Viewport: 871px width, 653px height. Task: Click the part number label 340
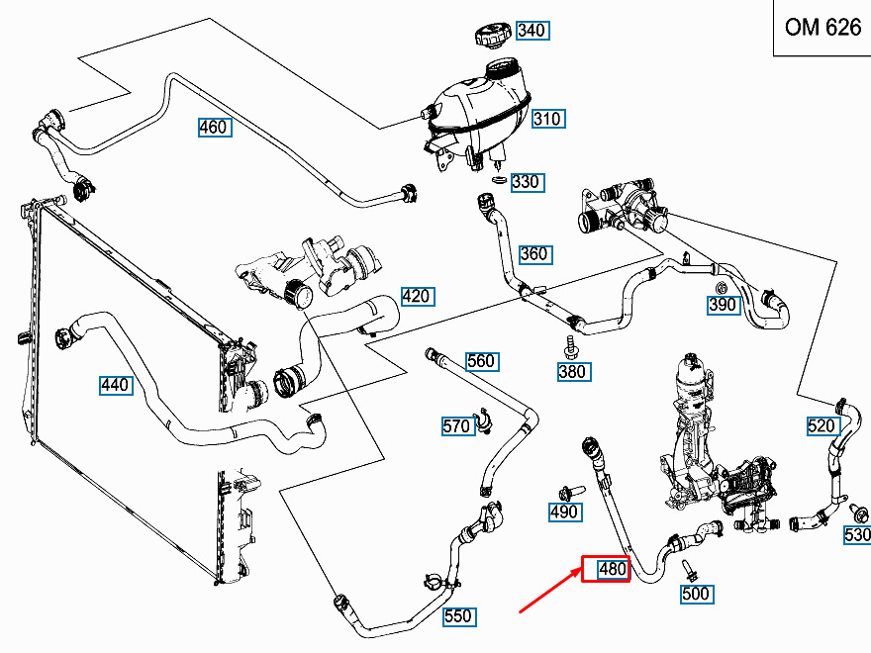532,31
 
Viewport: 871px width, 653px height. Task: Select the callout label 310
546,120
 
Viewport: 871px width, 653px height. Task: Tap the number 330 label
526,182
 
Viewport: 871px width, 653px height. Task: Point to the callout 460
213,128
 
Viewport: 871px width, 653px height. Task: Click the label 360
533,254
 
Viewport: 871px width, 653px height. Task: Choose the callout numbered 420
417,296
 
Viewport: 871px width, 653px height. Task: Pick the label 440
116,385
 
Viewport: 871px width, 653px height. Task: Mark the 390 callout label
723,305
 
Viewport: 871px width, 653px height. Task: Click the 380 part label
572,372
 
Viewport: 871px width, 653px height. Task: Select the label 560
481,361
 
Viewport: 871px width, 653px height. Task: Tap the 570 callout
456,426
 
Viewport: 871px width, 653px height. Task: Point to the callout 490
564,512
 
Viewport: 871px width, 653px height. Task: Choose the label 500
696,594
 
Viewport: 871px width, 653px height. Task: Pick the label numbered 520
822,426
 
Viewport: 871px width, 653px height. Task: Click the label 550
457,616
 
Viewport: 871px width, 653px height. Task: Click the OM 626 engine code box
822,28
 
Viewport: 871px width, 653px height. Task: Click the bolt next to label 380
571,346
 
